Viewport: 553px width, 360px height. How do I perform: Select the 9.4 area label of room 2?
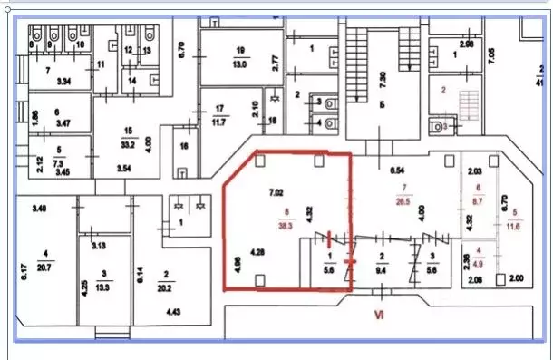point(382,268)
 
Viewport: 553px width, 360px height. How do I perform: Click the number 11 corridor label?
point(101,63)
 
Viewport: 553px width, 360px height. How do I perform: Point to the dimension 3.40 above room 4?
point(39,209)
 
